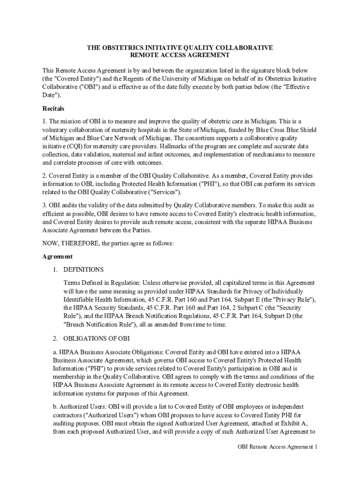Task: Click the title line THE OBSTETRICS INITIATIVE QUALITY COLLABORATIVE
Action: coord(180,48)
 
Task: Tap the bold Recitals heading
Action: coord(53,109)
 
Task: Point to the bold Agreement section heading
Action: coord(58,256)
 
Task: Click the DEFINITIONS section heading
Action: coord(83,269)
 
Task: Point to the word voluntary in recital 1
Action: coord(55,130)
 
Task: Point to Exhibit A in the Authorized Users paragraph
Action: coord(290,423)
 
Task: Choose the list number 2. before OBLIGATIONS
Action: coord(55,338)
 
